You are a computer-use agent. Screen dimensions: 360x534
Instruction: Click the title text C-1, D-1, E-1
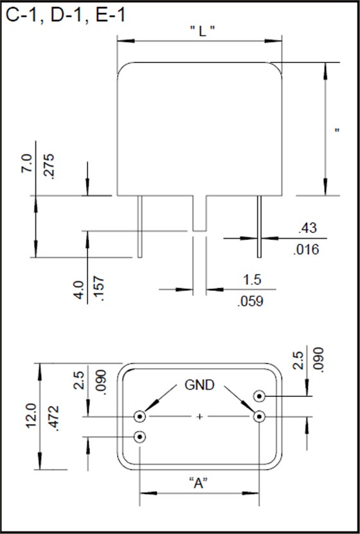pyautogui.click(x=66, y=15)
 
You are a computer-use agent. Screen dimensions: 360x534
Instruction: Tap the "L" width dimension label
pyautogui.click(x=202, y=31)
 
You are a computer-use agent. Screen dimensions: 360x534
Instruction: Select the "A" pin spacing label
pyautogui.click(x=199, y=483)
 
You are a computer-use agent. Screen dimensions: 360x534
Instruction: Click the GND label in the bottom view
pyautogui.click(x=199, y=385)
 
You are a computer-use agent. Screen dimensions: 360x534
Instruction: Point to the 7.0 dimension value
pyautogui.click(x=27, y=163)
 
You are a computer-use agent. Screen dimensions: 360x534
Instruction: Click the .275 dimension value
pyautogui.click(x=49, y=167)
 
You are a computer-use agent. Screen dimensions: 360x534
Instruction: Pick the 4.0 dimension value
pyautogui.click(x=79, y=290)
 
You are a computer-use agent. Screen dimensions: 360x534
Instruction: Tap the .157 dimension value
pyautogui.click(x=99, y=289)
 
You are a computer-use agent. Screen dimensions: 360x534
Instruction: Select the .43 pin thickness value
pyautogui.click(x=307, y=228)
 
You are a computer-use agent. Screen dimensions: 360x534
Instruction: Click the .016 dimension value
pyautogui.click(x=306, y=250)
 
